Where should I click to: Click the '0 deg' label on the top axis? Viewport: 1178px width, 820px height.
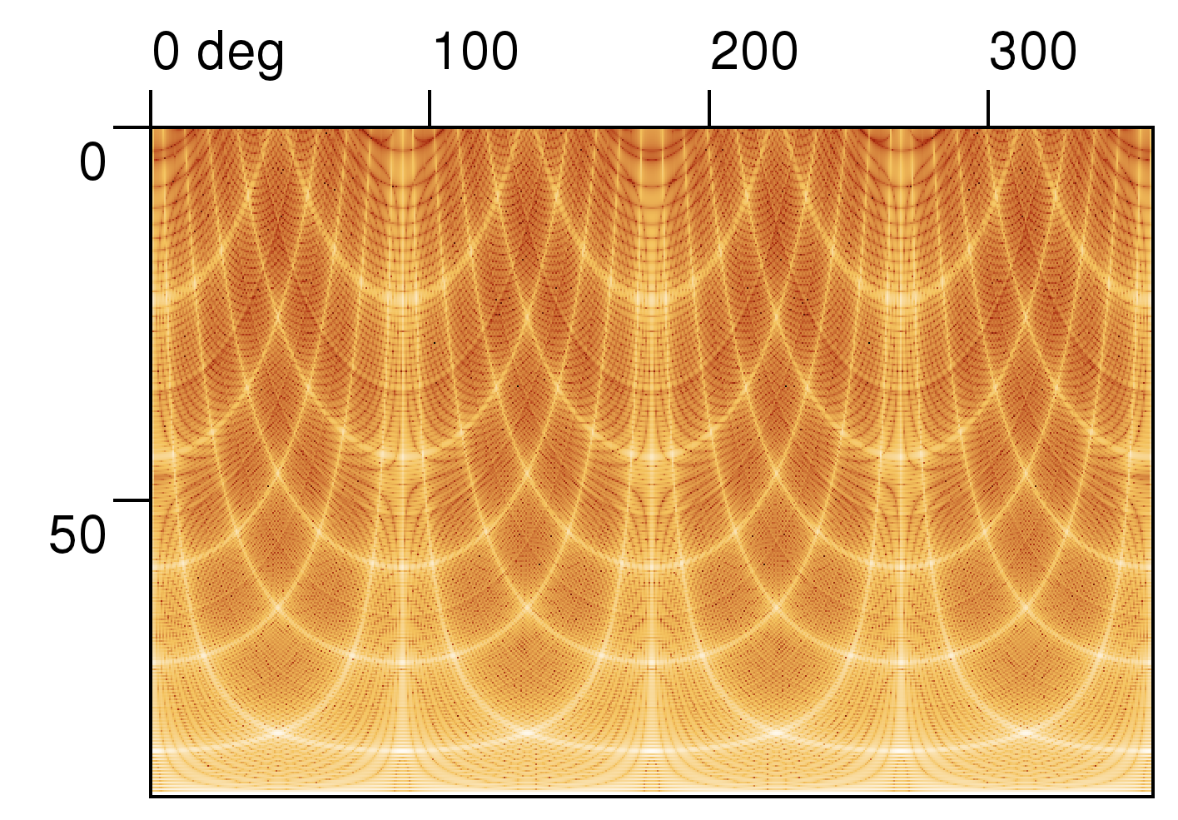[x=218, y=54]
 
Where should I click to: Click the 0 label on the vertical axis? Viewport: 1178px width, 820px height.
[x=92, y=162]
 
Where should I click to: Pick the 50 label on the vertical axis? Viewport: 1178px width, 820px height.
[x=78, y=535]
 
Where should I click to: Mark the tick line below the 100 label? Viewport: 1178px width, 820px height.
[x=430, y=108]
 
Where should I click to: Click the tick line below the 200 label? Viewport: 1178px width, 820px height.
[x=709, y=108]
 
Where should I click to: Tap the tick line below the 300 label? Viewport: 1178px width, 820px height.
[x=988, y=108]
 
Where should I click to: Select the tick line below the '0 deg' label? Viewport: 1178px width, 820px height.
[x=151, y=108]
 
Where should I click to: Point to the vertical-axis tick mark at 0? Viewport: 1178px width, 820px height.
[x=132, y=127]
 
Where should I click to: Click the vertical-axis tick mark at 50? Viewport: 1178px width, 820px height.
[x=132, y=500]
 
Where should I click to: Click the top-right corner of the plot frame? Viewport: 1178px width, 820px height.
[x=1153, y=127]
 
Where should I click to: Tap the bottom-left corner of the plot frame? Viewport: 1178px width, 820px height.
[x=151, y=796]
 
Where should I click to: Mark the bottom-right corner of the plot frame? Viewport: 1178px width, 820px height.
[x=1153, y=796]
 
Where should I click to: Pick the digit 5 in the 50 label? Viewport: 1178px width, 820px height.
[x=63, y=535]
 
